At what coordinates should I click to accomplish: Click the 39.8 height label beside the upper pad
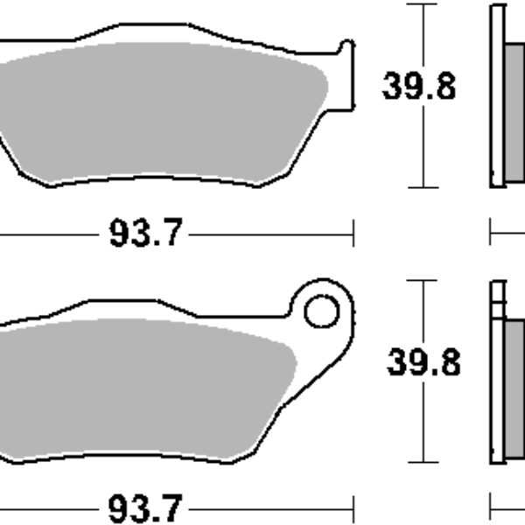coord(418,87)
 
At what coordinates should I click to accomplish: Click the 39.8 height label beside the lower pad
coord(423,362)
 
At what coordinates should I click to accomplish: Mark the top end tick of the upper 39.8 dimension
coord(423,4)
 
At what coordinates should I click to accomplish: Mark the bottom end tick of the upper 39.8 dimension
coord(423,187)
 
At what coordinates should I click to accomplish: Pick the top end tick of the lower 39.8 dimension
coord(423,281)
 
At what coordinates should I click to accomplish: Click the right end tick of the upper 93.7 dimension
coord(353,234)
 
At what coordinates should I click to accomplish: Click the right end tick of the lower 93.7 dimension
coord(353,507)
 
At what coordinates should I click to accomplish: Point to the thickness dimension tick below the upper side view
coord(491,234)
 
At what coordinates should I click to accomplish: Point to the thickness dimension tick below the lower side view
coord(491,507)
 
